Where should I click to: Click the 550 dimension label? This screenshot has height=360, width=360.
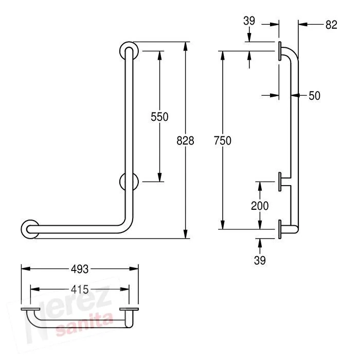159,117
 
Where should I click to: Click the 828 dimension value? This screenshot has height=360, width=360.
185,140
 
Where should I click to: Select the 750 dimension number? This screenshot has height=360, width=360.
223,140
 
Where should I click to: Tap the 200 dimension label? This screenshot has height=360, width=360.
260,206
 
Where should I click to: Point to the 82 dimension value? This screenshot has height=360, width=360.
331,25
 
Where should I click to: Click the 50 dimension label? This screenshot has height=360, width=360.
314,96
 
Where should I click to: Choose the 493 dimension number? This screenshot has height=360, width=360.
80,269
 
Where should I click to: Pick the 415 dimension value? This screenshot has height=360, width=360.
80,290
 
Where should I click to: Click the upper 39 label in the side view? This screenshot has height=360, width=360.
249,21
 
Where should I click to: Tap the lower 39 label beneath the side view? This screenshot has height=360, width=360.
260,260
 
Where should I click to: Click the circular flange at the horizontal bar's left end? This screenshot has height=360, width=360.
24,229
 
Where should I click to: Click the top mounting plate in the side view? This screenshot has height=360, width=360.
280,51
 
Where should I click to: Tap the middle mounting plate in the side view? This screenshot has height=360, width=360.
280,182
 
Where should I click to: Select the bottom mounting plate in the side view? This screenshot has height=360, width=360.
280,229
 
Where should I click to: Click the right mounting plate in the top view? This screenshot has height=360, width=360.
129,309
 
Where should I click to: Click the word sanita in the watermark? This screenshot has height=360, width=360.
84,324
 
